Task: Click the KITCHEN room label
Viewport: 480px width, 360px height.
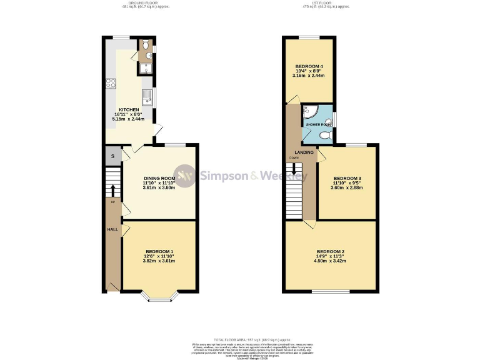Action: tap(129, 109)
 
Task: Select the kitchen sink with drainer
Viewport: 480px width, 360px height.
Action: tap(147, 96)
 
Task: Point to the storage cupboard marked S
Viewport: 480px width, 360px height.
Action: tap(112, 156)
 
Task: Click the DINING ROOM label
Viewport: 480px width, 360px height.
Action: tap(158, 178)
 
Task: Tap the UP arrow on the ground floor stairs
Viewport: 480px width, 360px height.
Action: tap(112, 191)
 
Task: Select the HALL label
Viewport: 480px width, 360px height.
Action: tap(112, 229)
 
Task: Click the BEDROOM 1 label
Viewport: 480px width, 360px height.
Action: tap(159, 251)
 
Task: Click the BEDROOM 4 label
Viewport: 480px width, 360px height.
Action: tap(309, 66)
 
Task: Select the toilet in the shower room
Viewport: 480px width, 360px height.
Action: tap(325, 134)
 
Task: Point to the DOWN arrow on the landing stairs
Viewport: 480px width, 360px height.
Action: tap(294, 169)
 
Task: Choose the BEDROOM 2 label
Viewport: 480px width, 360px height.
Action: tap(329, 251)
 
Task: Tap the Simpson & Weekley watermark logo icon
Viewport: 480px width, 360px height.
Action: tap(184, 176)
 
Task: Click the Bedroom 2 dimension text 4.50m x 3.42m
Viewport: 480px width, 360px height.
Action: tap(329, 262)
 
